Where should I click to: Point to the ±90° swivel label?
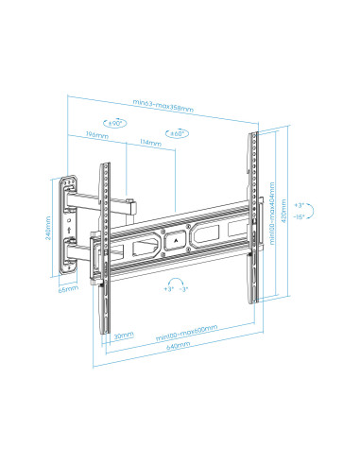[116, 123]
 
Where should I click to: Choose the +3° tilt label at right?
[299, 206]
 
